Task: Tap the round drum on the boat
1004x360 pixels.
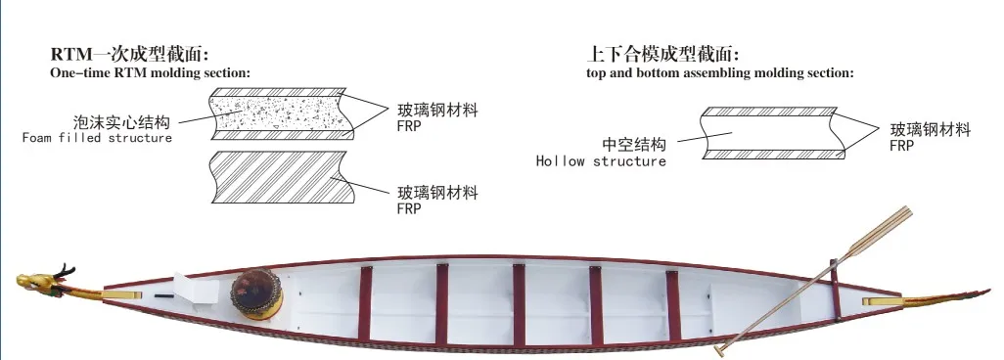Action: tap(256, 291)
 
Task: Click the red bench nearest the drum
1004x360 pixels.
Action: tap(364, 303)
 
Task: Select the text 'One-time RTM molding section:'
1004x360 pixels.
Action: tap(150, 72)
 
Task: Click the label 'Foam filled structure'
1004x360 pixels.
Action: tap(97, 138)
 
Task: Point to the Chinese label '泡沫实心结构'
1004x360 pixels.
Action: tap(123, 122)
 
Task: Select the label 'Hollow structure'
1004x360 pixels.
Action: tap(601, 161)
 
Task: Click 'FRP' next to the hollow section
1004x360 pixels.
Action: tap(901, 145)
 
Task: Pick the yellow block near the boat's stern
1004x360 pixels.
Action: tap(881, 303)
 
